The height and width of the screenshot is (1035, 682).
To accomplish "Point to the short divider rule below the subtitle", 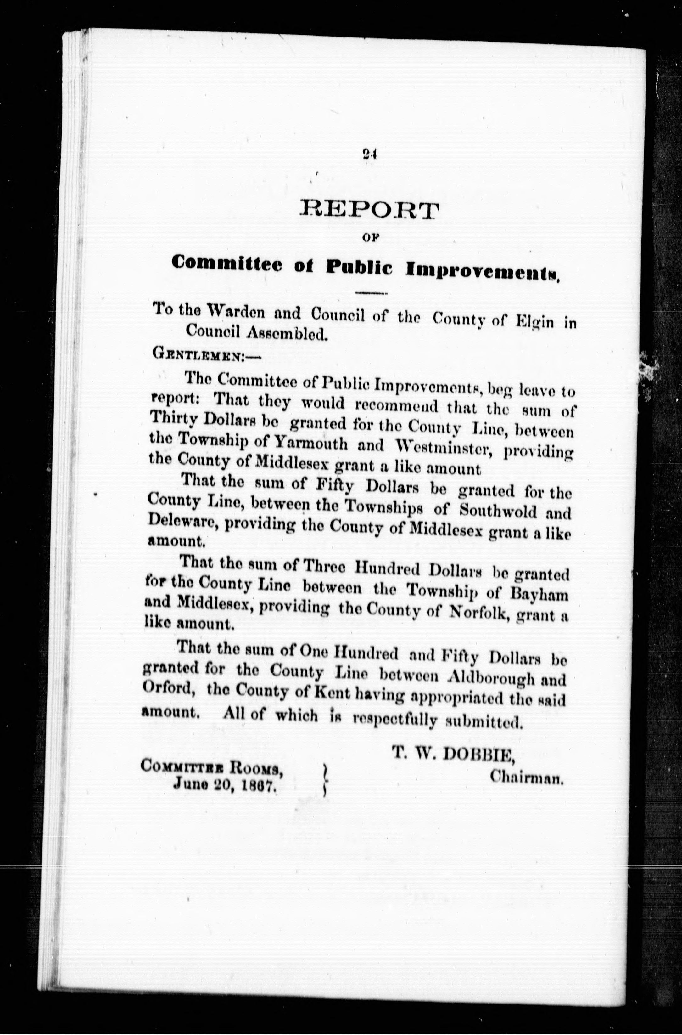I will tap(371, 294).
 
